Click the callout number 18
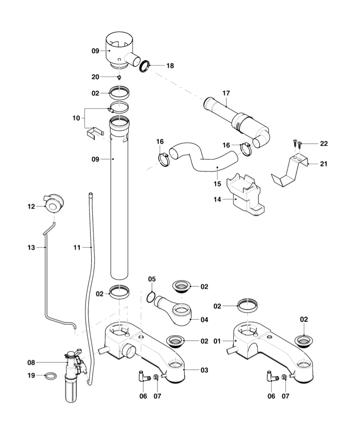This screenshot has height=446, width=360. pyautogui.click(x=170, y=66)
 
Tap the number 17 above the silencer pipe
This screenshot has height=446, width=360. pyautogui.click(x=226, y=93)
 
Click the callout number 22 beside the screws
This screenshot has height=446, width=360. pyautogui.click(x=323, y=143)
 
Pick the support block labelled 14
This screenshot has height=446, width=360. pyautogui.click(x=244, y=197)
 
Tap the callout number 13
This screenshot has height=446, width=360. pyautogui.click(x=31, y=247)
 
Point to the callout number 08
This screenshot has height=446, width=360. pyautogui.click(x=31, y=362)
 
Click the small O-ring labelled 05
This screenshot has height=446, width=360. pyautogui.click(x=152, y=297)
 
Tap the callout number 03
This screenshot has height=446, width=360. pyautogui.click(x=204, y=370)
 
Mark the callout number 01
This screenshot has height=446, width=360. pyautogui.click(x=217, y=341)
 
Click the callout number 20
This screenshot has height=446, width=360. pyautogui.click(x=95, y=76)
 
